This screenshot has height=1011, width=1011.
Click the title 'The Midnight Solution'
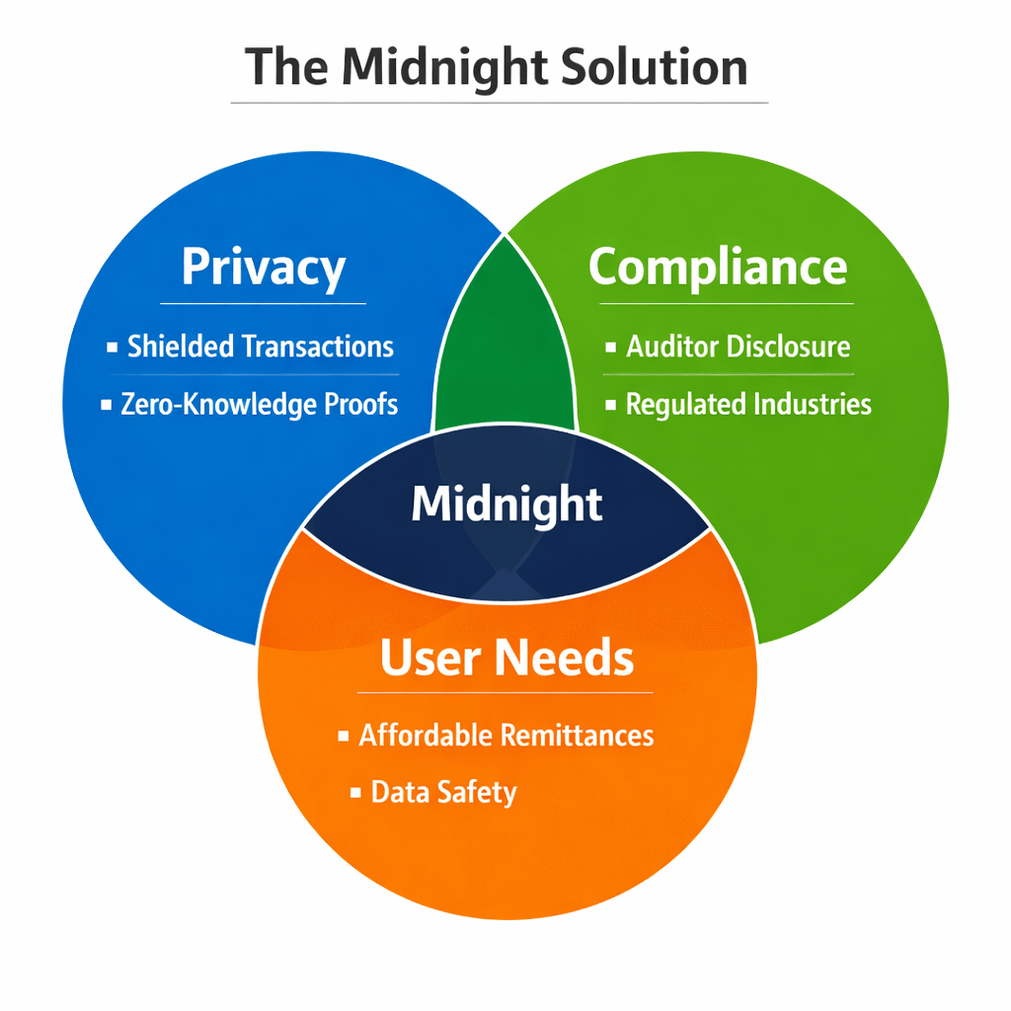click(497, 67)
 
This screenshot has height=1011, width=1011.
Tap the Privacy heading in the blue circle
click(264, 268)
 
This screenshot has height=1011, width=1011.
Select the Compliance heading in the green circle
click(718, 267)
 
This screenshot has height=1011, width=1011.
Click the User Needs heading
click(506, 658)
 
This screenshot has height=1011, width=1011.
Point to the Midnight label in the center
click(506, 505)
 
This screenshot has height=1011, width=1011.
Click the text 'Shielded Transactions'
click(261, 347)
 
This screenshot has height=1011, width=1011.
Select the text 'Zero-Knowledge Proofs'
click(260, 404)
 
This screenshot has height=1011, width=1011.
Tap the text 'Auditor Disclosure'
click(739, 347)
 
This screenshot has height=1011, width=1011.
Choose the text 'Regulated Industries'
click(748, 404)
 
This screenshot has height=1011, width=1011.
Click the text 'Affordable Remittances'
click(506, 736)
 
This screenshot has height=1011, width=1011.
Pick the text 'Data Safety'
click(443, 792)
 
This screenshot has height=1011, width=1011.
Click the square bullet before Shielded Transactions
click(111, 348)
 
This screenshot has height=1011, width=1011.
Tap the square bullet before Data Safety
click(354, 793)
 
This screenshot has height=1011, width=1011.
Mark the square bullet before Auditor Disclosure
click(610, 348)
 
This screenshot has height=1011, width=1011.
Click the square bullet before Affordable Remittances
click(343, 737)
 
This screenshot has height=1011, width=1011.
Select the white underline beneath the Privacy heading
click(263, 303)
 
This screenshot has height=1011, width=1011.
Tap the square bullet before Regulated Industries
click(610, 405)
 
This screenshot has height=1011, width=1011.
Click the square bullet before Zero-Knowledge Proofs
click(106, 405)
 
